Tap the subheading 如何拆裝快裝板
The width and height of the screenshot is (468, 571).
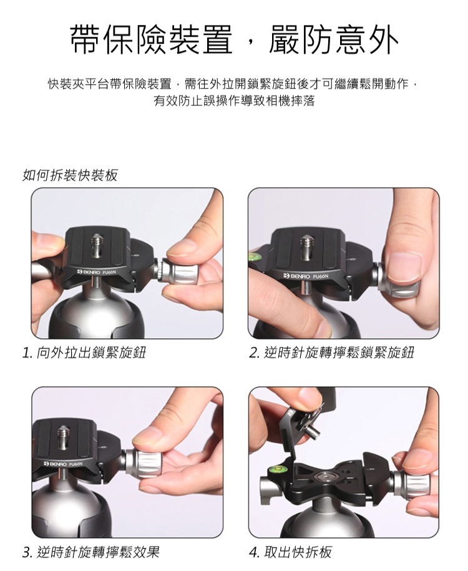click(71, 175)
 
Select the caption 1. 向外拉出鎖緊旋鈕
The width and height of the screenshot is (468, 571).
click(84, 353)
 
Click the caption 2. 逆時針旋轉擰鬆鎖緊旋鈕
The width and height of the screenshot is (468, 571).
click(332, 353)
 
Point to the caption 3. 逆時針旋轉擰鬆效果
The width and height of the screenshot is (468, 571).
click(91, 552)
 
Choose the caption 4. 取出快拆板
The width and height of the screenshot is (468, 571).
click(291, 552)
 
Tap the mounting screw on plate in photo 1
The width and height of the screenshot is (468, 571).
click(96, 245)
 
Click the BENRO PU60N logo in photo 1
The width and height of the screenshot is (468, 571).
click(95, 272)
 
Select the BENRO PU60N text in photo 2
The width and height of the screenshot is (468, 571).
click(308, 276)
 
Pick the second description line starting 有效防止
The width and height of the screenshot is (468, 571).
click(234, 100)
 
